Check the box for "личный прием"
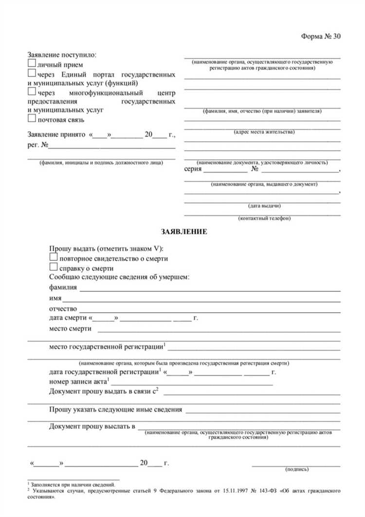[x=32, y=64]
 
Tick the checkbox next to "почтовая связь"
[x=32, y=119]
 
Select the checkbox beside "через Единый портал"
[x=32, y=73]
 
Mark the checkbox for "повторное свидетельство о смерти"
[x=53, y=258]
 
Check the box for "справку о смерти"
[x=53, y=267]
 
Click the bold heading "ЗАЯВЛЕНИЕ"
[x=184, y=232]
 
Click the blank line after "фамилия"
[x=209, y=290]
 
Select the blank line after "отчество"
[x=209, y=310]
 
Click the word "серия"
[x=193, y=170]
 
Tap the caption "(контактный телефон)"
[x=264, y=218]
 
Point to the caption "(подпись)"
[x=296, y=469]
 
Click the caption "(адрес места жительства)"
[x=264, y=132]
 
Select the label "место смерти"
[x=70, y=328]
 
